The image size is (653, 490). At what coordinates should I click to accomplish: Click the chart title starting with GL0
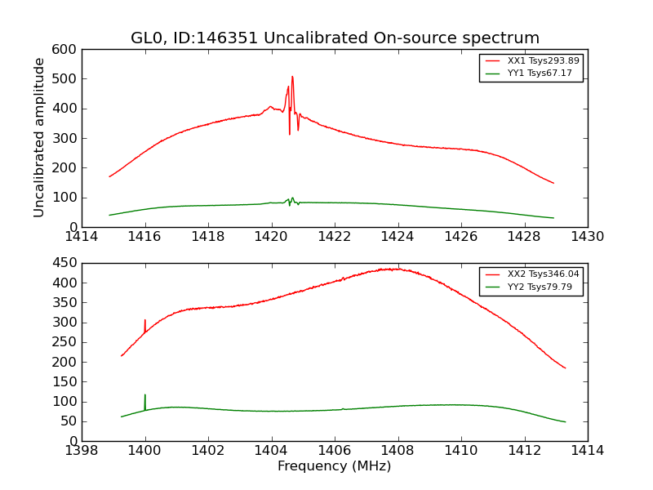click(335, 38)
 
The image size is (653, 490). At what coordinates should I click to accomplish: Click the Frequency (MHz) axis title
click(335, 466)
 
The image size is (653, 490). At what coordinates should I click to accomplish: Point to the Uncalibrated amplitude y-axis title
click(39, 137)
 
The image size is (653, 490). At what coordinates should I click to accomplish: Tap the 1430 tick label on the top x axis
click(588, 237)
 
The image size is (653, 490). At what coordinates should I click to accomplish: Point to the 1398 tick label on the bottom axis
click(82, 451)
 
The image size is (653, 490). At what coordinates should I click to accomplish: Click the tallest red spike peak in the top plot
click(292, 77)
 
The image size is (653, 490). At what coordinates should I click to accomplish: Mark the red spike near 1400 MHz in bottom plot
click(145, 320)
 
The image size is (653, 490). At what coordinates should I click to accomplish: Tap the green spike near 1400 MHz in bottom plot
click(145, 395)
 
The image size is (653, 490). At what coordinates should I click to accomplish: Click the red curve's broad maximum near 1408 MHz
click(393, 269)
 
